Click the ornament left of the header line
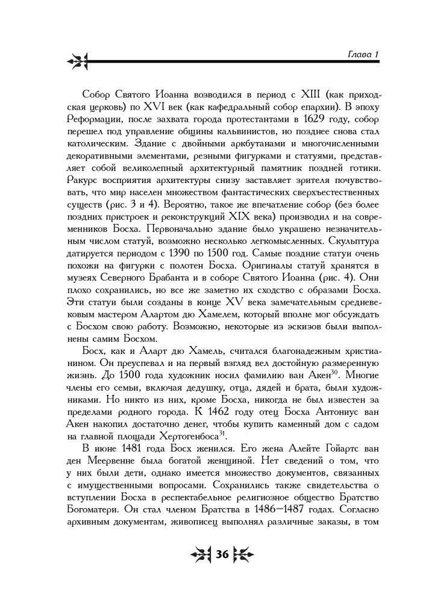[77, 60]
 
